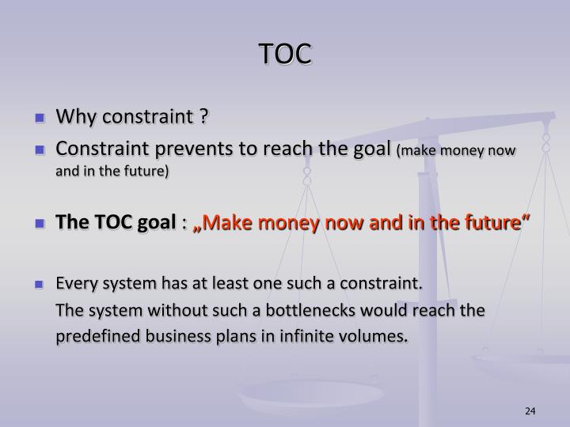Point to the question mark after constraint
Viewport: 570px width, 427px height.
(203, 118)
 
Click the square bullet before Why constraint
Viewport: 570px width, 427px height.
(39, 119)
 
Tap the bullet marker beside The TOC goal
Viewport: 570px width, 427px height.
(39, 225)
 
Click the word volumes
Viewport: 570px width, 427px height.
(377, 337)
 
